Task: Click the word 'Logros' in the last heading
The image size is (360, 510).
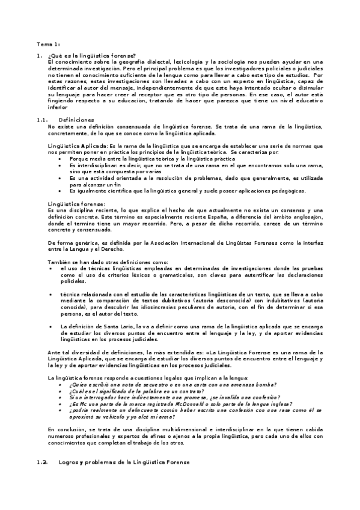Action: pos(69,462)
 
